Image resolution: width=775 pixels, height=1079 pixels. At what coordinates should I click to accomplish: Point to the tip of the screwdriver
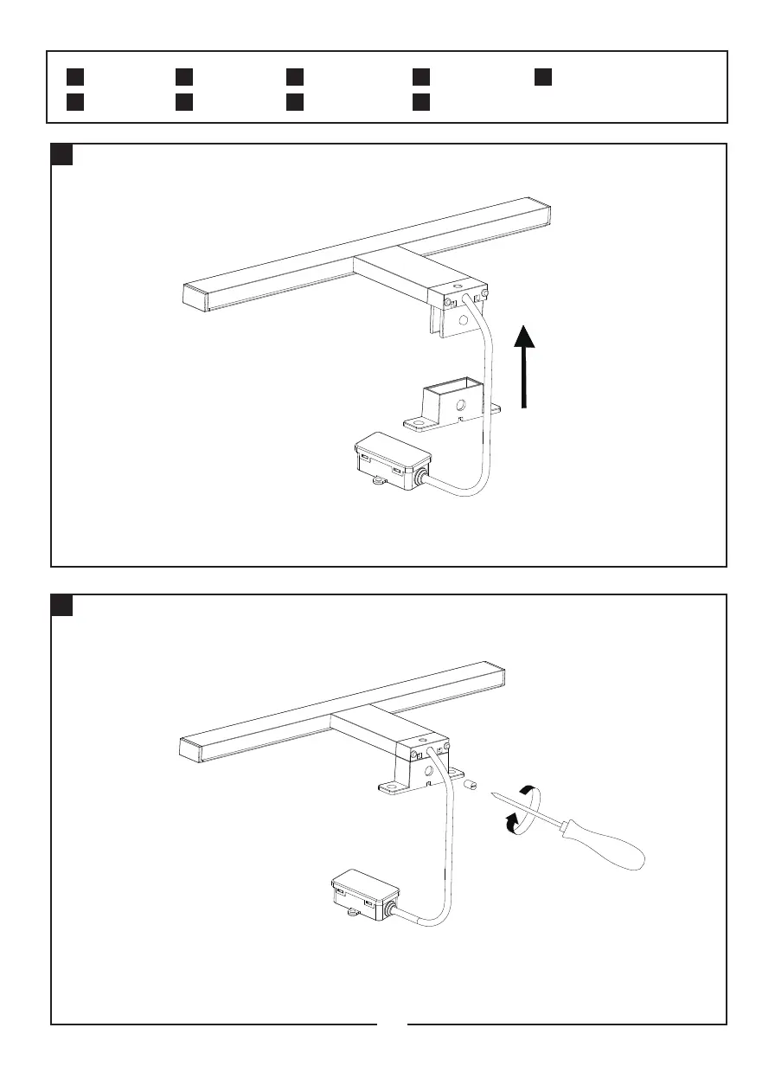tap(490, 791)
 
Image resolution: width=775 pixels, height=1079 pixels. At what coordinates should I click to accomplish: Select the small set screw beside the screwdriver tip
tap(472, 786)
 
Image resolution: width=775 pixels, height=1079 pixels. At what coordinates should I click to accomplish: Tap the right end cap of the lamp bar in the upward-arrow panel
tap(544, 212)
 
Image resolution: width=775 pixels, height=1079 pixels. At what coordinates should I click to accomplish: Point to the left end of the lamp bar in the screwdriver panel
tap(190, 748)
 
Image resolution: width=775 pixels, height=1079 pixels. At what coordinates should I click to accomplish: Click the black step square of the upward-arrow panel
tap(61, 156)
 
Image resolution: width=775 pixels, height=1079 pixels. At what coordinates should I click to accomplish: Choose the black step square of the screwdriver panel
tap(61, 607)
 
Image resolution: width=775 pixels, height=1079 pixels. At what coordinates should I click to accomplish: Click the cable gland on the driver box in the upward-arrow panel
tap(422, 478)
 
